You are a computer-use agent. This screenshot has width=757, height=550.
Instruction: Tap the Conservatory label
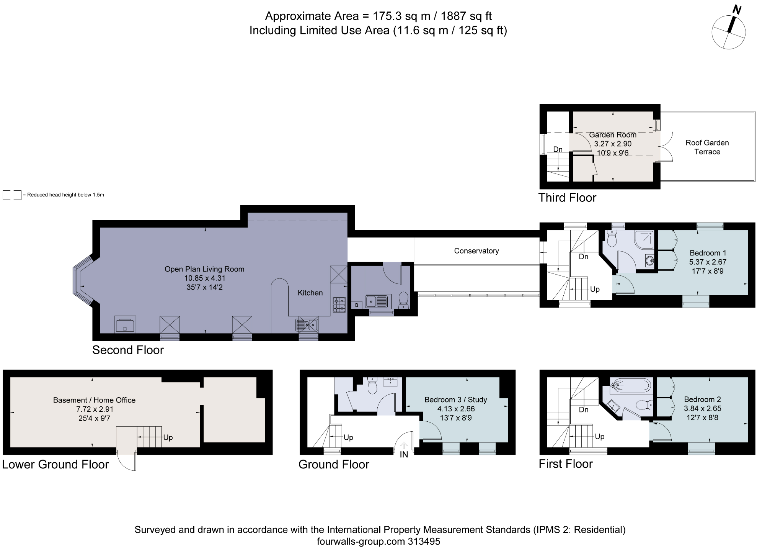pos(476,251)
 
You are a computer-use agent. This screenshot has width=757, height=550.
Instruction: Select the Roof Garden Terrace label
pos(707,147)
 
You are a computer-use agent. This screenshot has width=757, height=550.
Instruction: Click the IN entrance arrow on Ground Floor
pos(404,447)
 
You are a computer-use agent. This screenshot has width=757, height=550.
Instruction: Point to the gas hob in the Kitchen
pos(339,304)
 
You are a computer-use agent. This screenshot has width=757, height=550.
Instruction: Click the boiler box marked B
pos(357,305)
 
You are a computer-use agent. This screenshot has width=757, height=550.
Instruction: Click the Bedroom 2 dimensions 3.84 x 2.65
pos(702,408)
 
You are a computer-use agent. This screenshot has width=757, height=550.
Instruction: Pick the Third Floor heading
pos(567,198)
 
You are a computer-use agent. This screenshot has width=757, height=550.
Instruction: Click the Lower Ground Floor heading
pos(55,464)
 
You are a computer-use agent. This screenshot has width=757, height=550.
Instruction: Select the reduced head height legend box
pos(12,195)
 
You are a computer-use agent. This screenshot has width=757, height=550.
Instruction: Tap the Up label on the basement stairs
pos(168,437)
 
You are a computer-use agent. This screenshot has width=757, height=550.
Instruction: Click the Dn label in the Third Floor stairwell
pos(558,149)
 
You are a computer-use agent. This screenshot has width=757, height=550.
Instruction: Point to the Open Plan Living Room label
pos(204,269)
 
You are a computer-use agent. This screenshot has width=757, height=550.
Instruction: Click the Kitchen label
pos(310,293)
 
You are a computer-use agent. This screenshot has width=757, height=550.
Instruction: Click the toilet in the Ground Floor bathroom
pos(372,386)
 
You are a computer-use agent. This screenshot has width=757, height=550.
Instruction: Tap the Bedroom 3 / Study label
pos(455,399)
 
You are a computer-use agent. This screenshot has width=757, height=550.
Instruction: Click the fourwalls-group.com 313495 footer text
pos(378,541)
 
